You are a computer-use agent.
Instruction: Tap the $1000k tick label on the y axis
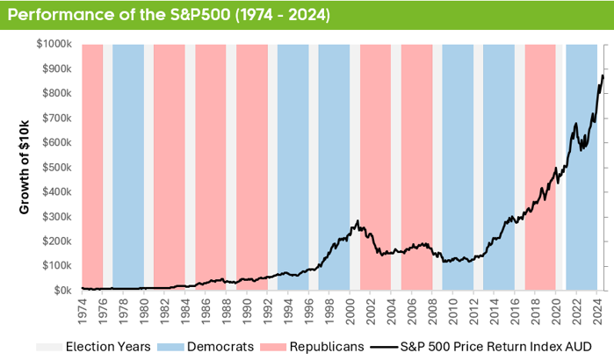point(54,44)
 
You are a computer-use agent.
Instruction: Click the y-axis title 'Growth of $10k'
point(25,167)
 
